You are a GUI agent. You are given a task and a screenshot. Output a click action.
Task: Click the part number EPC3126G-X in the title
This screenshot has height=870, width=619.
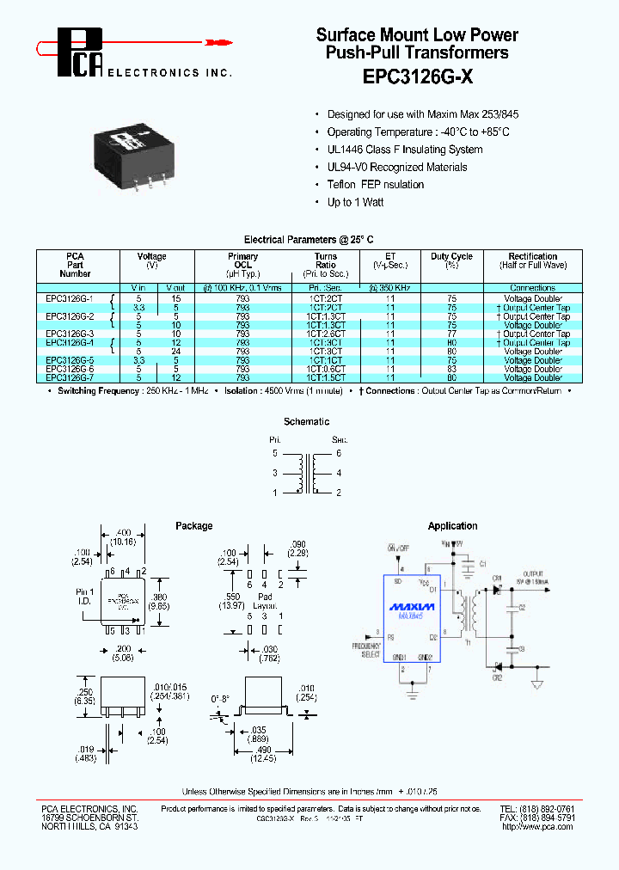(x=417, y=75)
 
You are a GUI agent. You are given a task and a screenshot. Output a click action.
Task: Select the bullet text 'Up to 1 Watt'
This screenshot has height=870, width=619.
(x=355, y=202)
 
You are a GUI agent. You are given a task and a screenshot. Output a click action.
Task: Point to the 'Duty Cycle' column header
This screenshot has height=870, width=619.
(x=451, y=256)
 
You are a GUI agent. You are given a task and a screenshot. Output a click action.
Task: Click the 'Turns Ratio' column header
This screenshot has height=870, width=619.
(x=326, y=261)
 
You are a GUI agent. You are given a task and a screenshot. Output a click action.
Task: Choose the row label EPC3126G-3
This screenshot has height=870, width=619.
(x=70, y=334)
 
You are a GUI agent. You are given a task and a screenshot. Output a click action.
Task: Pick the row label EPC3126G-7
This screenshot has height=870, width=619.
(x=70, y=377)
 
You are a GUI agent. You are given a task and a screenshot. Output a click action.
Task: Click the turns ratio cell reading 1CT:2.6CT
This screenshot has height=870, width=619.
(x=327, y=334)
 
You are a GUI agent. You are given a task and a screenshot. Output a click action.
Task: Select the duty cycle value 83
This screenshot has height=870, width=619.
(x=451, y=369)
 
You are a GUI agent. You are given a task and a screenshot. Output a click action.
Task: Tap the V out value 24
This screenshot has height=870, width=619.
(x=175, y=352)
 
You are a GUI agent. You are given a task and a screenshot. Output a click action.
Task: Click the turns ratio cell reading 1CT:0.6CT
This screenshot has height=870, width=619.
(x=327, y=369)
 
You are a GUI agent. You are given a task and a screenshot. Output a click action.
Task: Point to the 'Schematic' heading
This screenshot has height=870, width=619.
(x=306, y=422)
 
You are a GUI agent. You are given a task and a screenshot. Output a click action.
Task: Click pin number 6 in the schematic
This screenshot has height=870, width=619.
(x=340, y=452)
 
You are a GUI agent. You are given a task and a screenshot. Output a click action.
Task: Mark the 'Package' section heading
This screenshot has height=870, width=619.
(x=193, y=526)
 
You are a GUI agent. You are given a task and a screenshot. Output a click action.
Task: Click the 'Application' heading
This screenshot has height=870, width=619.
(x=452, y=526)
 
